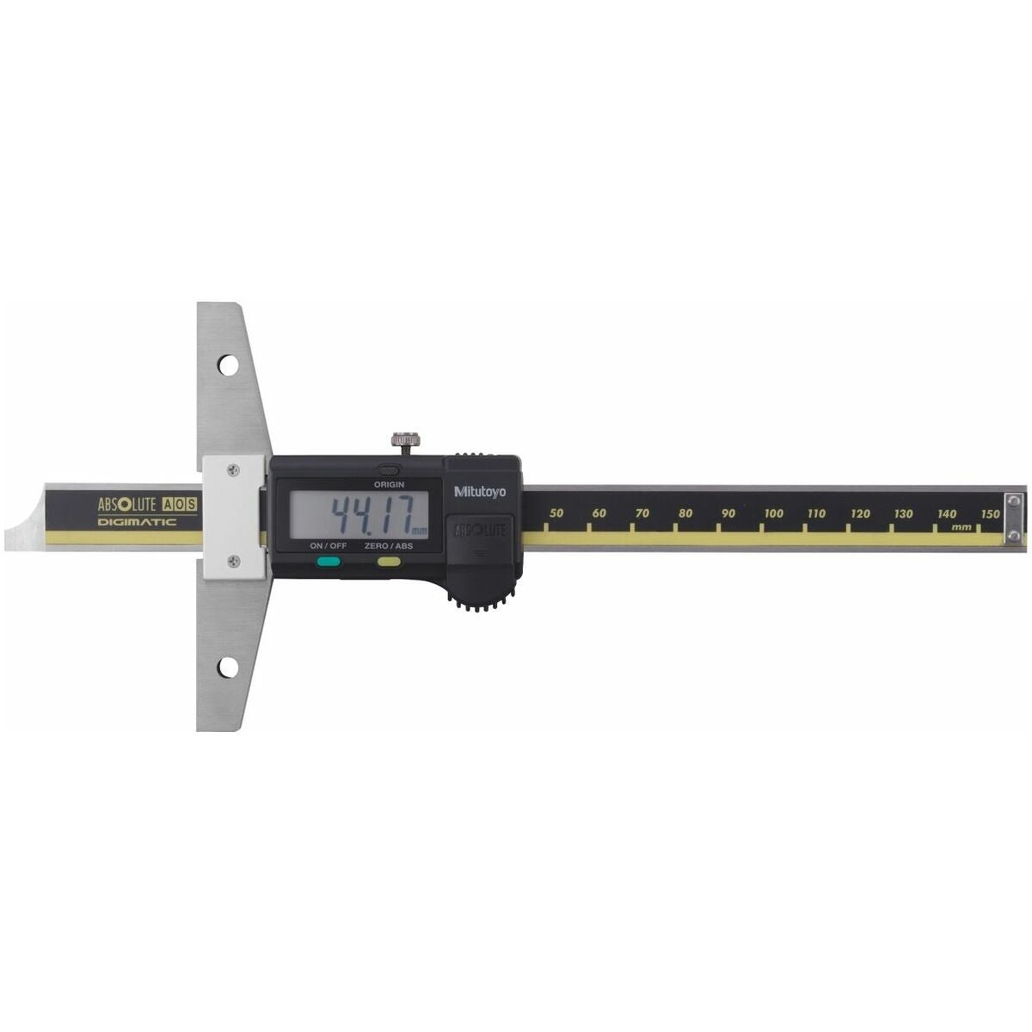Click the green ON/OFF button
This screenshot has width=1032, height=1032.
tap(329, 562)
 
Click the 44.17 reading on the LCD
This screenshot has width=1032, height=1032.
tap(372, 513)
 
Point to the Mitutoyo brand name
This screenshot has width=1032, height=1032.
tap(479, 492)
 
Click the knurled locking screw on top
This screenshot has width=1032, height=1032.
tap(405, 441)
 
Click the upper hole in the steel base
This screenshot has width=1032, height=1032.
tap(228, 365)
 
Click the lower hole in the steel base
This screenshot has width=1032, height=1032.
tap(228, 667)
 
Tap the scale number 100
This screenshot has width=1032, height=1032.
tap(773, 513)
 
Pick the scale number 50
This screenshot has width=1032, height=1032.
tap(556, 513)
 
